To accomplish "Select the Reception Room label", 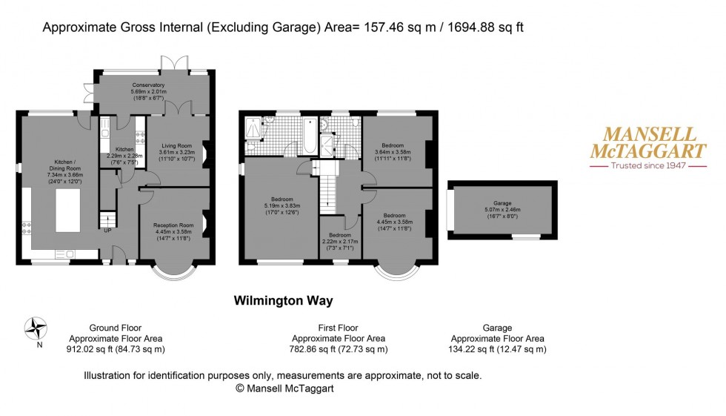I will (173, 225).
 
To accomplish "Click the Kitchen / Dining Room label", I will (56, 168).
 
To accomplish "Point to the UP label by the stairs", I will (109, 230).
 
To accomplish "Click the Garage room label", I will (503, 202).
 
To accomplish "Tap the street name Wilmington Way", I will (283, 300).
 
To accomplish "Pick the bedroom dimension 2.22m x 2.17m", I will (340, 240).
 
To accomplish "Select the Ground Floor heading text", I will (115, 327).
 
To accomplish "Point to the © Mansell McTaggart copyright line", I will (283, 388).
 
